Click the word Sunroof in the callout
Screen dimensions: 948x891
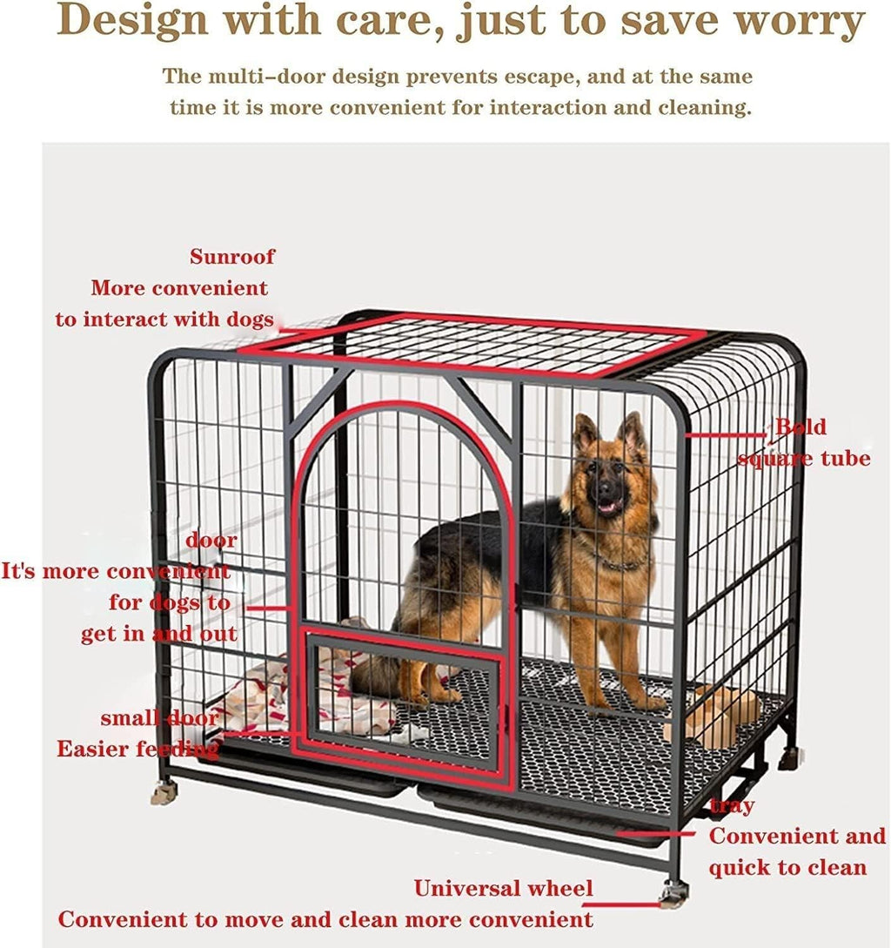point(232,257)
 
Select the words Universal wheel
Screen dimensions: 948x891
point(503,889)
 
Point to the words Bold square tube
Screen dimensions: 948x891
point(802,442)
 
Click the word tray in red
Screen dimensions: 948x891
point(732,806)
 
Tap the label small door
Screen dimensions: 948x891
point(159,718)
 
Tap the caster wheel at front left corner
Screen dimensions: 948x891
point(164,791)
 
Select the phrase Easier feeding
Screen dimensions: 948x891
point(137,749)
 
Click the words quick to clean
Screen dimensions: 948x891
point(787,867)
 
